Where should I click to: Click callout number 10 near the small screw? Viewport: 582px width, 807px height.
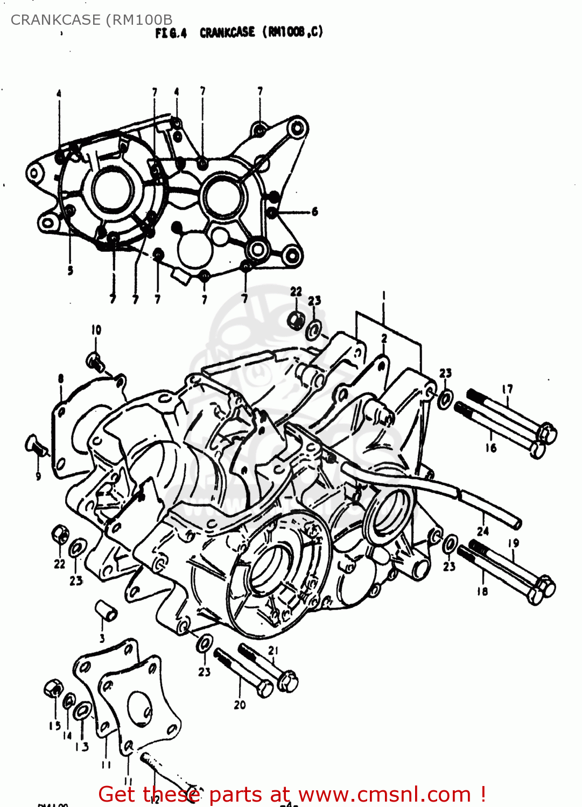(x=96, y=330)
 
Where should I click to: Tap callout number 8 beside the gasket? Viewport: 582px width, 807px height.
(x=61, y=379)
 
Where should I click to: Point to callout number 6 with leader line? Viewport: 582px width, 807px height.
(x=314, y=211)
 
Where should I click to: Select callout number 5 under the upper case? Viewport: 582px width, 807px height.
(x=70, y=271)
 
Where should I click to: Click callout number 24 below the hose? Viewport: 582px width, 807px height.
(x=483, y=531)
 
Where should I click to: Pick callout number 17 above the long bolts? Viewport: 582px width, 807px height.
(x=507, y=388)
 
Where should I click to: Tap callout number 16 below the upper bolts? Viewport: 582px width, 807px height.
(x=490, y=448)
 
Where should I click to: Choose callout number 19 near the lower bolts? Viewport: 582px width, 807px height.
(x=513, y=543)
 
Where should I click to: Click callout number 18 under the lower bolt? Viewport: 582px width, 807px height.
(x=482, y=591)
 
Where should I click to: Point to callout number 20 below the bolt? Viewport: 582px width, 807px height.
(x=240, y=704)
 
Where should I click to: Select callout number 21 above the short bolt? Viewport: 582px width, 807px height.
(x=273, y=650)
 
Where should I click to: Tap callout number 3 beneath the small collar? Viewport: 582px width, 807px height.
(x=102, y=639)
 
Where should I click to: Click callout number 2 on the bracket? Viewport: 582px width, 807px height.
(x=384, y=338)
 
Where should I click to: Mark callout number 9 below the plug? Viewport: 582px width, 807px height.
(x=38, y=476)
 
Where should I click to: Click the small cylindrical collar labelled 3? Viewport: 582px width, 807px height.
(x=106, y=611)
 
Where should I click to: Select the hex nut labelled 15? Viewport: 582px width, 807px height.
(x=52, y=688)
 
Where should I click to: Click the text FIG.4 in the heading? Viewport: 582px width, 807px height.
(x=171, y=33)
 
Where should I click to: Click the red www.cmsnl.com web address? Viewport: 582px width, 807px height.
(x=384, y=795)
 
